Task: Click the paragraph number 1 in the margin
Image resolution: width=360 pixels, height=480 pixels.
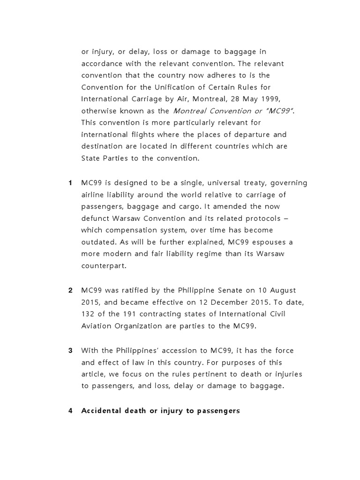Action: tap(70, 183)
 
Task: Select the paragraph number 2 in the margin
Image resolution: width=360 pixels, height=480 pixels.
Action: tap(70, 290)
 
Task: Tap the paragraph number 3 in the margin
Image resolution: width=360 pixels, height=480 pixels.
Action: tap(70, 351)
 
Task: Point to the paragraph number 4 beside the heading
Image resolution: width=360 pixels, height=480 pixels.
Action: tap(70, 411)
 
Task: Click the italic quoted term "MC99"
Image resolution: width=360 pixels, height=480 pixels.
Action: tap(280, 111)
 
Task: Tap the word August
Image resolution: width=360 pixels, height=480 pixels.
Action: tap(281, 290)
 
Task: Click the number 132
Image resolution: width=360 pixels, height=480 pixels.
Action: tap(88, 315)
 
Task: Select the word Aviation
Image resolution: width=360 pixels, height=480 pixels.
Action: tap(98, 327)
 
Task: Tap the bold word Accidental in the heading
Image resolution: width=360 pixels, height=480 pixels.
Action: tap(101, 411)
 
